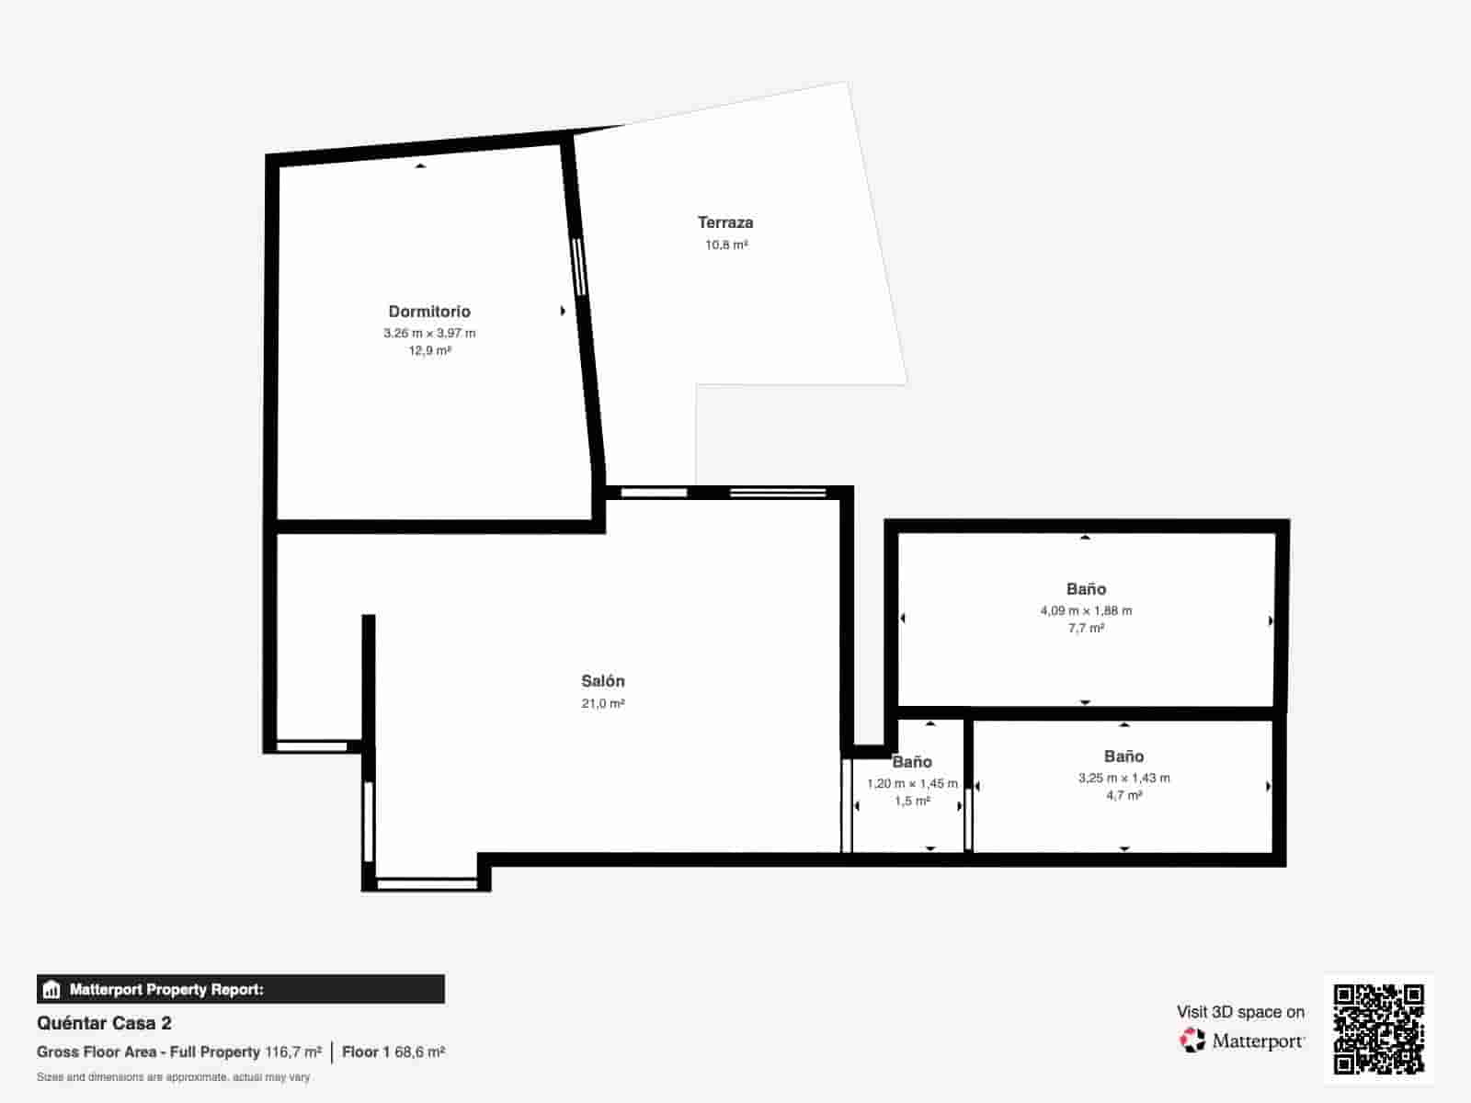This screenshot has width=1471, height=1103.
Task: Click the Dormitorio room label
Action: (x=429, y=312)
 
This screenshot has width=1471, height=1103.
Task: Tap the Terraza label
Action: (x=725, y=222)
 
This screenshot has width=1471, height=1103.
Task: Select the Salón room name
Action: (x=603, y=681)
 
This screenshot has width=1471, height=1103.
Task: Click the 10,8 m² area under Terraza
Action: (x=726, y=245)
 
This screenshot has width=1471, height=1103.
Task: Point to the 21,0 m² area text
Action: (x=603, y=704)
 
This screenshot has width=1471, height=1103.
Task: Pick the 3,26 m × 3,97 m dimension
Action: (x=429, y=333)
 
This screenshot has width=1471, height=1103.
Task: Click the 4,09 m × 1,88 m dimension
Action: (x=1086, y=610)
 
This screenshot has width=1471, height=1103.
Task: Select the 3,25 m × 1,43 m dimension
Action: (x=1123, y=778)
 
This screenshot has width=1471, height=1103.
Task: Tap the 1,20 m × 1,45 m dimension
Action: (x=912, y=784)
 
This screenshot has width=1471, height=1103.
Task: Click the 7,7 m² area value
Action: (x=1086, y=629)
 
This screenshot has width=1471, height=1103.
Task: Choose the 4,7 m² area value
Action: (x=1123, y=796)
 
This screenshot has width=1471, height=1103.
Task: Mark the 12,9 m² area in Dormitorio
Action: (x=429, y=351)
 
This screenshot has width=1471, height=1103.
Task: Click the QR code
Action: (x=1378, y=1029)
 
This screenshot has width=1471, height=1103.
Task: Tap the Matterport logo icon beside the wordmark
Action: (x=1192, y=1040)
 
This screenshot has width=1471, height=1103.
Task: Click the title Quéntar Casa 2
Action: (x=104, y=1023)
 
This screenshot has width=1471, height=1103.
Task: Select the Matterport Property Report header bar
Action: (x=240, y=989)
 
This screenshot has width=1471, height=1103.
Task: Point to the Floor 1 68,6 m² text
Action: (x=393, y=1052)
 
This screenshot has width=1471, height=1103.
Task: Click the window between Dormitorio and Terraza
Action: (x=579, y=267)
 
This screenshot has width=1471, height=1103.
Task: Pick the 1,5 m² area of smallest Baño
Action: (x=912, y=802)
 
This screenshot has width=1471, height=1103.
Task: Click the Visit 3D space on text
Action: (x=1240, y=1012)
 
